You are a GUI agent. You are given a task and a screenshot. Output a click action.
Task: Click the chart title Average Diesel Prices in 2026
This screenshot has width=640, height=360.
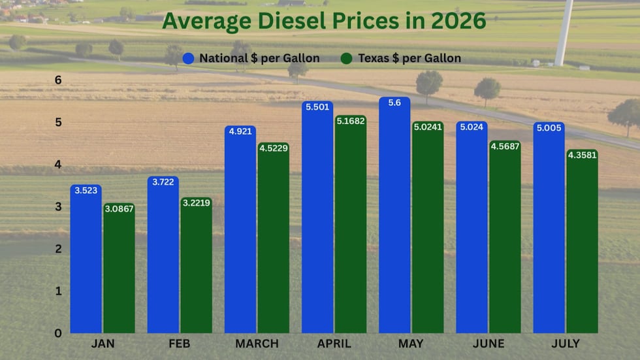click(x=324, y=21)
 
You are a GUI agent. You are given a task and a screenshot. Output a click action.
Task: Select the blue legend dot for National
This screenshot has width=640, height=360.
click(x=188, y=58)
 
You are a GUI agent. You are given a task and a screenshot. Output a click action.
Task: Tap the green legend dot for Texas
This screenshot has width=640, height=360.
click(x=347, y=58)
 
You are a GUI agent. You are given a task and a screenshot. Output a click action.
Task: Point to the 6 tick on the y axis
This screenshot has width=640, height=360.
click(x=58, y=80)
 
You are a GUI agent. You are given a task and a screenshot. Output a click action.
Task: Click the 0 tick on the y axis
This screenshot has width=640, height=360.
click(x=58, y=333)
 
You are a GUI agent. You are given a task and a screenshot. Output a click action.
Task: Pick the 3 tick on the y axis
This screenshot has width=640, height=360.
click(x=58, y=207)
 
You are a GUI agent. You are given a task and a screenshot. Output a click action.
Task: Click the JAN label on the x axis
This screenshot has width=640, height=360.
click(x=103, y=344)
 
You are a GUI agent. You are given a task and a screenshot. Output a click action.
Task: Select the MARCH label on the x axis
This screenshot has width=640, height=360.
click(x=257, y=344)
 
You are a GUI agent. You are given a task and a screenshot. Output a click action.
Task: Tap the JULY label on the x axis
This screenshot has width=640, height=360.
click(x=566, y=344)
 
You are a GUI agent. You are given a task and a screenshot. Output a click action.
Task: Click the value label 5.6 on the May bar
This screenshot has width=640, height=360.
click(x=394, y=103)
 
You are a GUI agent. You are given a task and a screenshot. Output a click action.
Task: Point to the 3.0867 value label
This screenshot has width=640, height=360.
click(x=119, y=209)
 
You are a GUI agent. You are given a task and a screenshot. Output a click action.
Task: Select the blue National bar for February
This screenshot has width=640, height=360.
click(x=163, y=255)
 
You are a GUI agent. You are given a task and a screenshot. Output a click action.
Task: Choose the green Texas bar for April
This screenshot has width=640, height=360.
click(x=351, y=224)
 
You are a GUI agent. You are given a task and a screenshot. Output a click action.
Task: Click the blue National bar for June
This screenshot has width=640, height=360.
click(x=472, y=227)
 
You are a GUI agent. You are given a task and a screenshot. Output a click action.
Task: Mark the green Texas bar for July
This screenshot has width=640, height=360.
click(x=582, y=241)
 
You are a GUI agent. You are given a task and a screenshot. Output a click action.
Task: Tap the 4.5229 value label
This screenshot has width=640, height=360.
click(x=274, y=148)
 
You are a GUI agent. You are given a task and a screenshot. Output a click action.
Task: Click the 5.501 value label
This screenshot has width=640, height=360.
click(x=317, y=107)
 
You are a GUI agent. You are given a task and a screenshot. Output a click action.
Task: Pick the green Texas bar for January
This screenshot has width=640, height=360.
click(x=119, y=268)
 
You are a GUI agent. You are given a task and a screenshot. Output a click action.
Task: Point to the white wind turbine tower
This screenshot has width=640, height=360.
click(x=564, y=33)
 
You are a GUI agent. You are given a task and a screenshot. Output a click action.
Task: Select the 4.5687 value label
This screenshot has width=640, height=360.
click(x=505, y=146)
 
